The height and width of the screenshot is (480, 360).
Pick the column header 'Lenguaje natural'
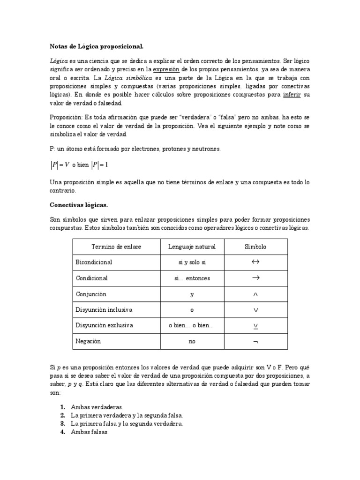192,247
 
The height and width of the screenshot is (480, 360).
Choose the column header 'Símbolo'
255,247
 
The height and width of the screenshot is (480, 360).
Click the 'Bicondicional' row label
94,262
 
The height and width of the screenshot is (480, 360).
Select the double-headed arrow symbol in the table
255,262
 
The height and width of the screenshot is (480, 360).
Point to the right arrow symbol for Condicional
255,278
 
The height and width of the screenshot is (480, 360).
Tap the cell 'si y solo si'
192,262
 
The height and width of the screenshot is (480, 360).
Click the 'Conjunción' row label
91,294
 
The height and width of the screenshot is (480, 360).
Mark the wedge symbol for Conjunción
255,294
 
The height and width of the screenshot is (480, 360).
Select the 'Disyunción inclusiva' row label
104,310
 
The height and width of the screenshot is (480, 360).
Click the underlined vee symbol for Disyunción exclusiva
255,326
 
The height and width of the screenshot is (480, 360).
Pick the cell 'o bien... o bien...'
192,326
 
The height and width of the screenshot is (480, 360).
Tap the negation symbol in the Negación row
255,342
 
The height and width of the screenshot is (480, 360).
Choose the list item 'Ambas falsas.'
90,432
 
